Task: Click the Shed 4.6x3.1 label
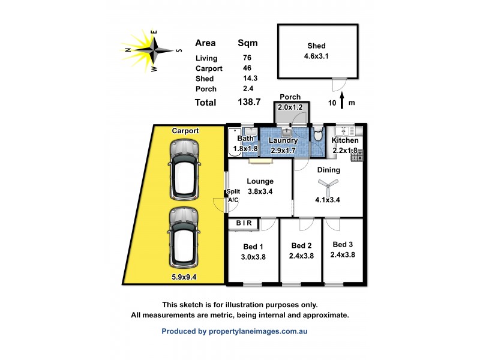point(316,52)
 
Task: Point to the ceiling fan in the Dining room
point(328,187)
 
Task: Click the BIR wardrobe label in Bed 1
point(244,224)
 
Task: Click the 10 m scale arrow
point(342,101)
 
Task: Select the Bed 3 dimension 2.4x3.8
point(342,254)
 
